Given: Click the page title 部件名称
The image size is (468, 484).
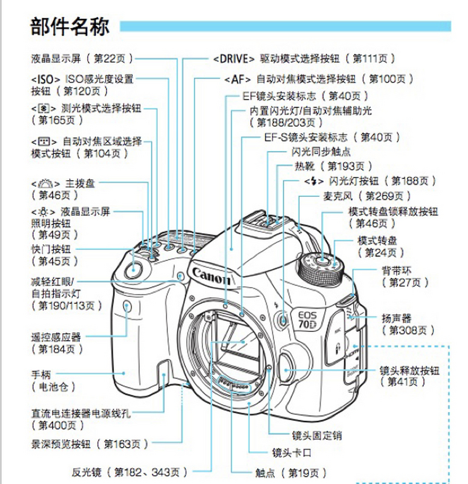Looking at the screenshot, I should coord(70,26).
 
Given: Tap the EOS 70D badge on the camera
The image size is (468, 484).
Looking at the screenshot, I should coord(307,320).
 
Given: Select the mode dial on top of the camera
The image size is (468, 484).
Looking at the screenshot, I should coord(321,267).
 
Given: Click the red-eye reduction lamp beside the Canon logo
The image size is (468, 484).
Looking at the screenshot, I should coord(181,276).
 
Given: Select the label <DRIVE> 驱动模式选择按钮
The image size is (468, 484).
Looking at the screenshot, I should coord(304,59).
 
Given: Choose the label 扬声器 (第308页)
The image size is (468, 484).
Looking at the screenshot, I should coord(407,324).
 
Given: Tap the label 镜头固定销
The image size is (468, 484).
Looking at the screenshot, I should coord(317,436).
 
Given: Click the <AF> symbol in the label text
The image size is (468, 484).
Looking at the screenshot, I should coord(237,79).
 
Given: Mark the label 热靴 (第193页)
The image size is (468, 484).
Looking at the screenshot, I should coord(333,166).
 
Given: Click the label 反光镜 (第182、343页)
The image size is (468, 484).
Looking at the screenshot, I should coord(129,472).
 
